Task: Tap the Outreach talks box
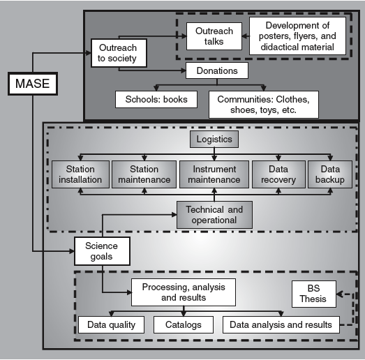[x=214, y=36]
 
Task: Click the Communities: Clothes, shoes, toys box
[x=263, y=105]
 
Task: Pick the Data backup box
[x=325, y=174]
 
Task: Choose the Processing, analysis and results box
[x=183, y=292]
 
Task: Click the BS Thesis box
[x=313, y=292]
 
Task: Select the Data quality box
[x=111, y=324]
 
